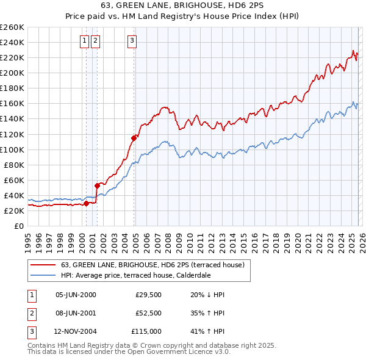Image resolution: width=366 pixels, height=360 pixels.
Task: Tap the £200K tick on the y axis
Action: pyautogui.click(x=12, y=73)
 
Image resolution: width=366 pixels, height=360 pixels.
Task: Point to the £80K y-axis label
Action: pyautogui.click(x=14, y=165)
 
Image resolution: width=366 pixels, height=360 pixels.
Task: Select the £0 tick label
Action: pyautogui.click(x=19, y=226)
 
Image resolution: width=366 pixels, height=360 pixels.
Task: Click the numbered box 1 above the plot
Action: pyautogui.click(x=84, y=41)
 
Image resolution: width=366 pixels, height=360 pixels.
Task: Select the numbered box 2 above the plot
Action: pyautogui.click(x=96, y=41)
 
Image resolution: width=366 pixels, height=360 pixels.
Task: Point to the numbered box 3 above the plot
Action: pyautogui.click(x=132, y=41)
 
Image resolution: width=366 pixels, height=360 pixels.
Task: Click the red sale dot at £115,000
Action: pyautogui.click(x=134, y=138)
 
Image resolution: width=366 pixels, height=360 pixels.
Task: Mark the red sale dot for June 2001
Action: pyautogui.click(x=97, y=185)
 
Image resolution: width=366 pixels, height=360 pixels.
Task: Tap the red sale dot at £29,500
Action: pyautogui.click(x=86, y=203)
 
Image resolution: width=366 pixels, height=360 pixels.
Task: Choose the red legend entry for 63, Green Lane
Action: pyautogui.click(x=152, y=265)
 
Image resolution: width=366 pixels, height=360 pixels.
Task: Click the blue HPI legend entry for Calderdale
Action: pyautogui.click(x=135, y=275)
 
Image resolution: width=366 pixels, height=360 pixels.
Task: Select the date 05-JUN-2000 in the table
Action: pyautogui.click(x=76, y=295)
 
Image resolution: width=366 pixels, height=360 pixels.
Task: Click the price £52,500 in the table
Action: pyautogui.click(x=148, y=313)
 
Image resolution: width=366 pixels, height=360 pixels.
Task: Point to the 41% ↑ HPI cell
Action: pyautogui.click(x=207, y=331)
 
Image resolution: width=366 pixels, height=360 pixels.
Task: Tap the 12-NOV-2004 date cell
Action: pyautogui.click(x=76, y=331)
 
